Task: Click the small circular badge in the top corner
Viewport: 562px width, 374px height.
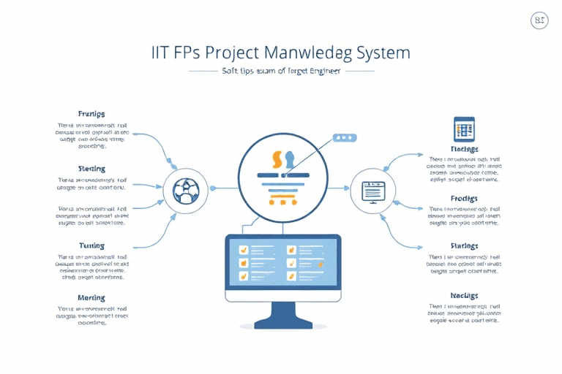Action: (539, 21)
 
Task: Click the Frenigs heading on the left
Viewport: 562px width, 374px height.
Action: (91, 114)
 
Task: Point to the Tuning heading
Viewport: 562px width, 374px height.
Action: (91, 245)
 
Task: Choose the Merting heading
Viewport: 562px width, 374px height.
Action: (91, 298)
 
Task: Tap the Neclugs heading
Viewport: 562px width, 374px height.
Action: (464, 295)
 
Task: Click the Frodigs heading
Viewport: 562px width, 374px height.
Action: (464, 199)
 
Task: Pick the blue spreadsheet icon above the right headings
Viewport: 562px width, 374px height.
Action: (464, 129)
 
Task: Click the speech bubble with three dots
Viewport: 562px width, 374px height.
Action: (342, 137)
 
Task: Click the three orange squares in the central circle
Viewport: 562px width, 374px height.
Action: (282, 202)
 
